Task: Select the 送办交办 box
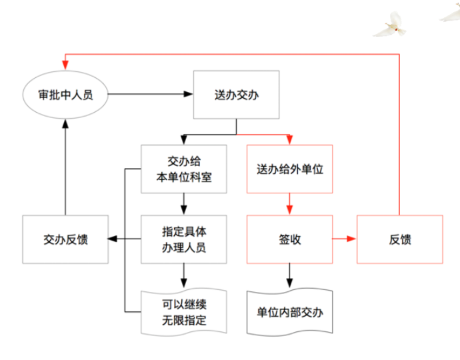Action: coord(237,95)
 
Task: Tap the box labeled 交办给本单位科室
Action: coord(183,169)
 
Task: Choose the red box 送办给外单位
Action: coord(289,169)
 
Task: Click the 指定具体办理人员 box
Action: coord(183,239)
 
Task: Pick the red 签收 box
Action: coord(289,239)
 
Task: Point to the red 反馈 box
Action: coord(399,239)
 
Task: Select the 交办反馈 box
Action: coord(65,239)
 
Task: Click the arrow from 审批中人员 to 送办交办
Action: coord(150,95)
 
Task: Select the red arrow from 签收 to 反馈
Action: coord(345,239)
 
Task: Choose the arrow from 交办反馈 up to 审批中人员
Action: coord(65,167)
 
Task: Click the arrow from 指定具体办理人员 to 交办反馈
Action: coord(124,239)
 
